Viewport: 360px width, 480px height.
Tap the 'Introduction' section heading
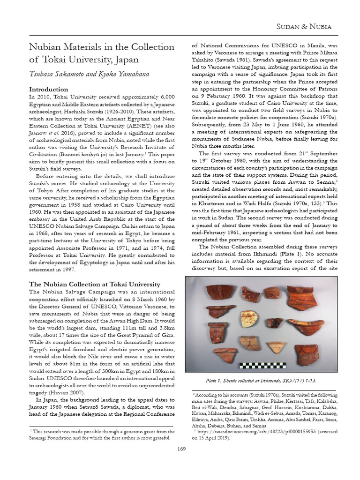point(48,89)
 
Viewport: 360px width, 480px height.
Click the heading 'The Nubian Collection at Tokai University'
point(95,284)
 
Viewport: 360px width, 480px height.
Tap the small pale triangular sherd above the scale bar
point(276,347)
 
